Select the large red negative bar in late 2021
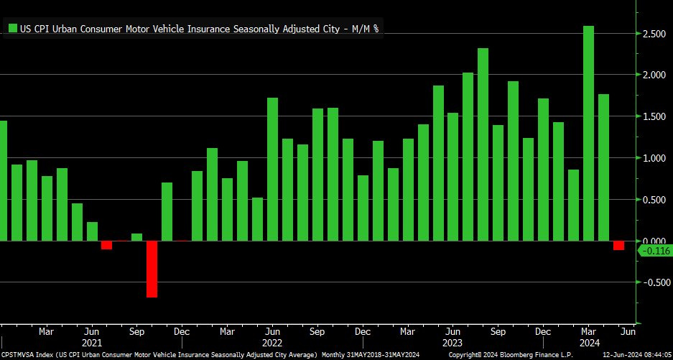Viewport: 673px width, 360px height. [152, 269]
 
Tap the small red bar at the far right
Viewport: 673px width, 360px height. [618, 245]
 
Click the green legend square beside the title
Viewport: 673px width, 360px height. [13, 29]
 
